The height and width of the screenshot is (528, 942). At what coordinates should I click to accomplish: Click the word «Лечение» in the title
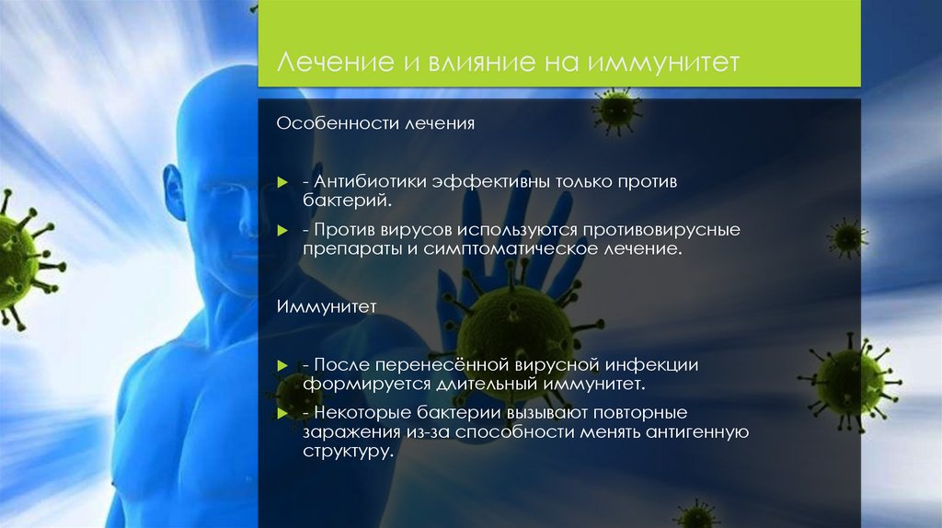pos(327,63)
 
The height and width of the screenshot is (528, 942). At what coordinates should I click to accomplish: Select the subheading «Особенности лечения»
pos(376,122)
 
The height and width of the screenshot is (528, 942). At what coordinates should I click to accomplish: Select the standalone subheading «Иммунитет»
pos(327,306)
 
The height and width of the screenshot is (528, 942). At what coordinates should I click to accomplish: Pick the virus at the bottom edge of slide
pos(696,515)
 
